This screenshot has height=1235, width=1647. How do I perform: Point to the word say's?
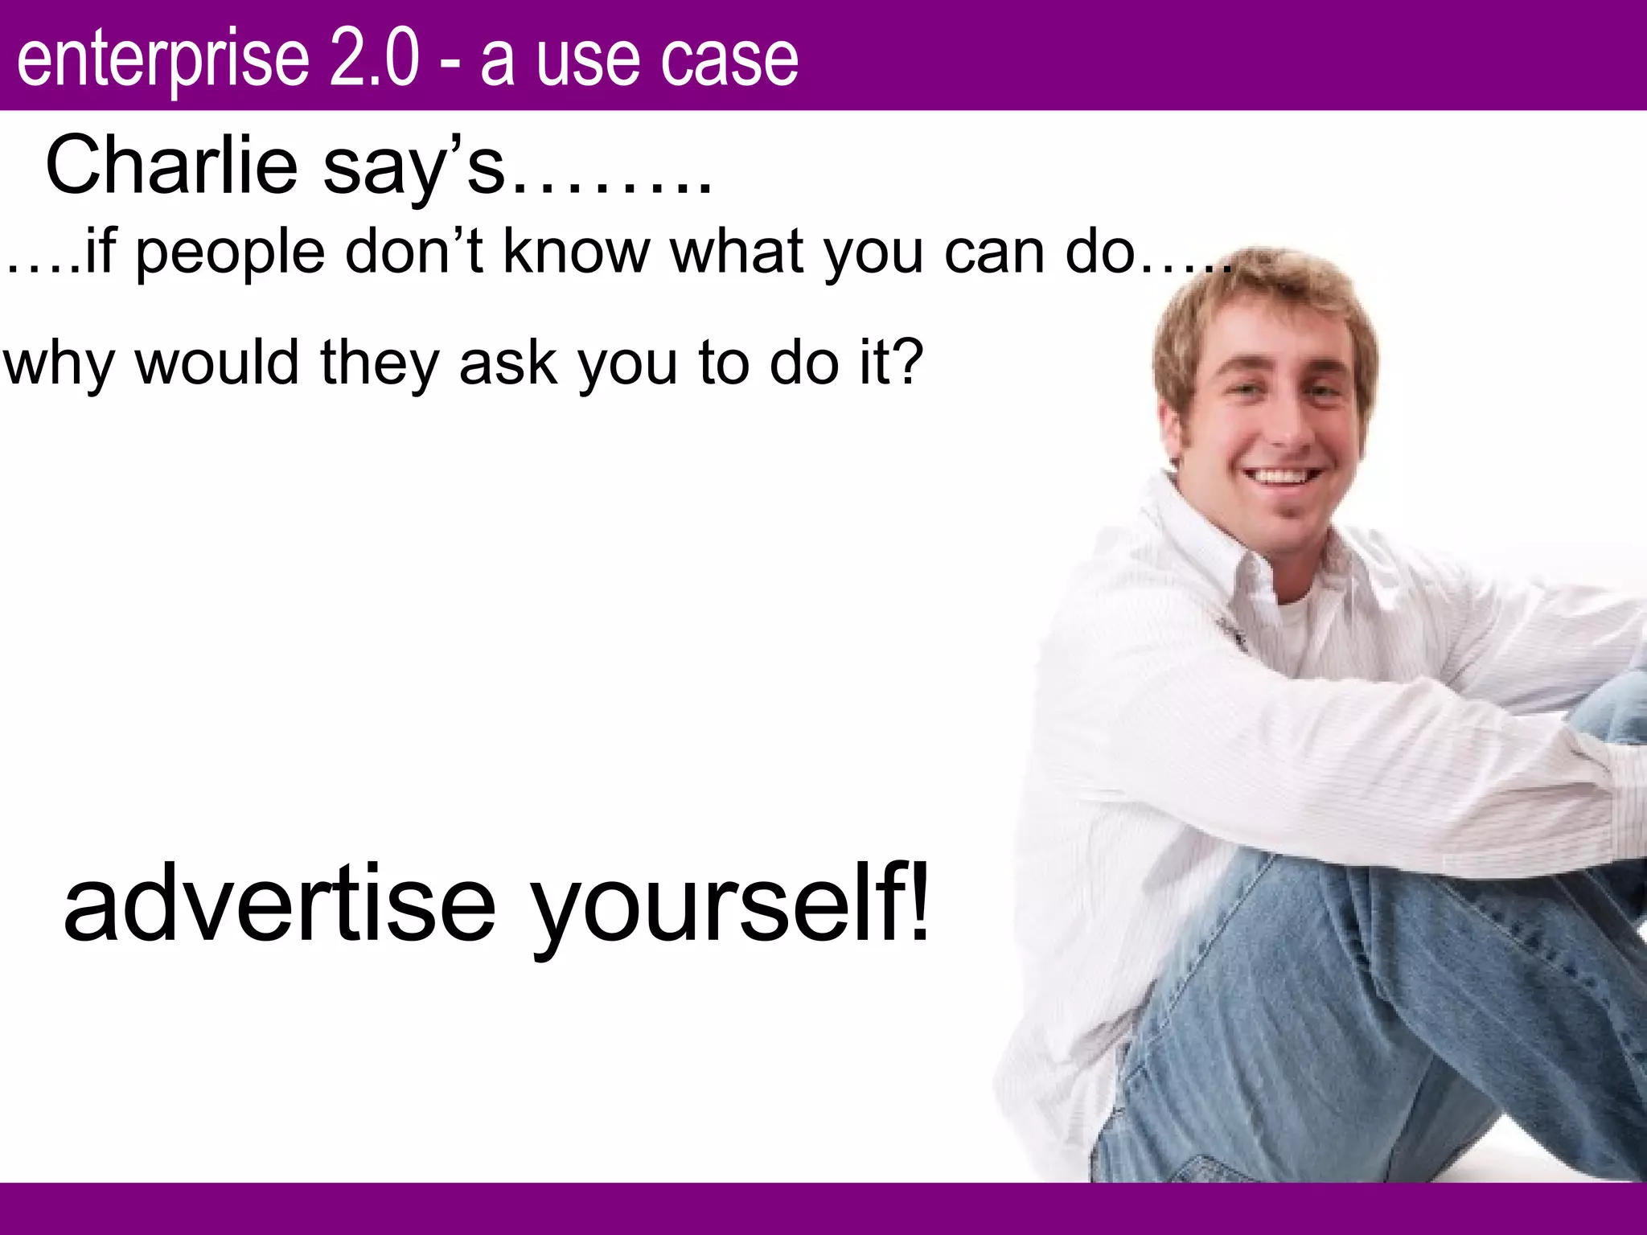(x=413, y=167)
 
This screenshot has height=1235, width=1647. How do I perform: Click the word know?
(x=576, y=251)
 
